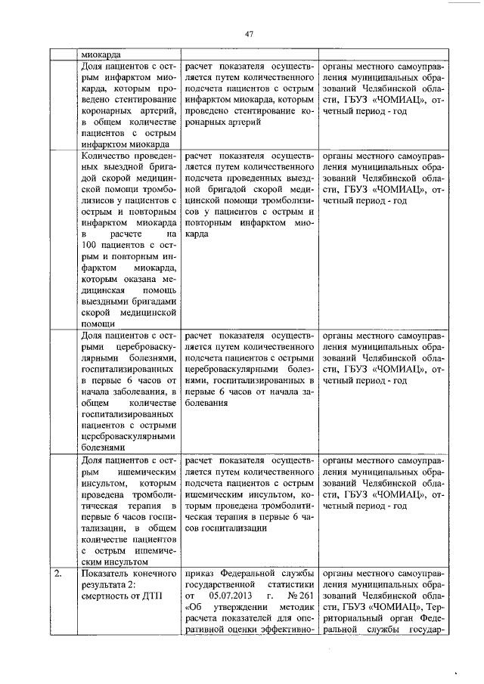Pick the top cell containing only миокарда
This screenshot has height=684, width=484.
pos(100,54)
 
